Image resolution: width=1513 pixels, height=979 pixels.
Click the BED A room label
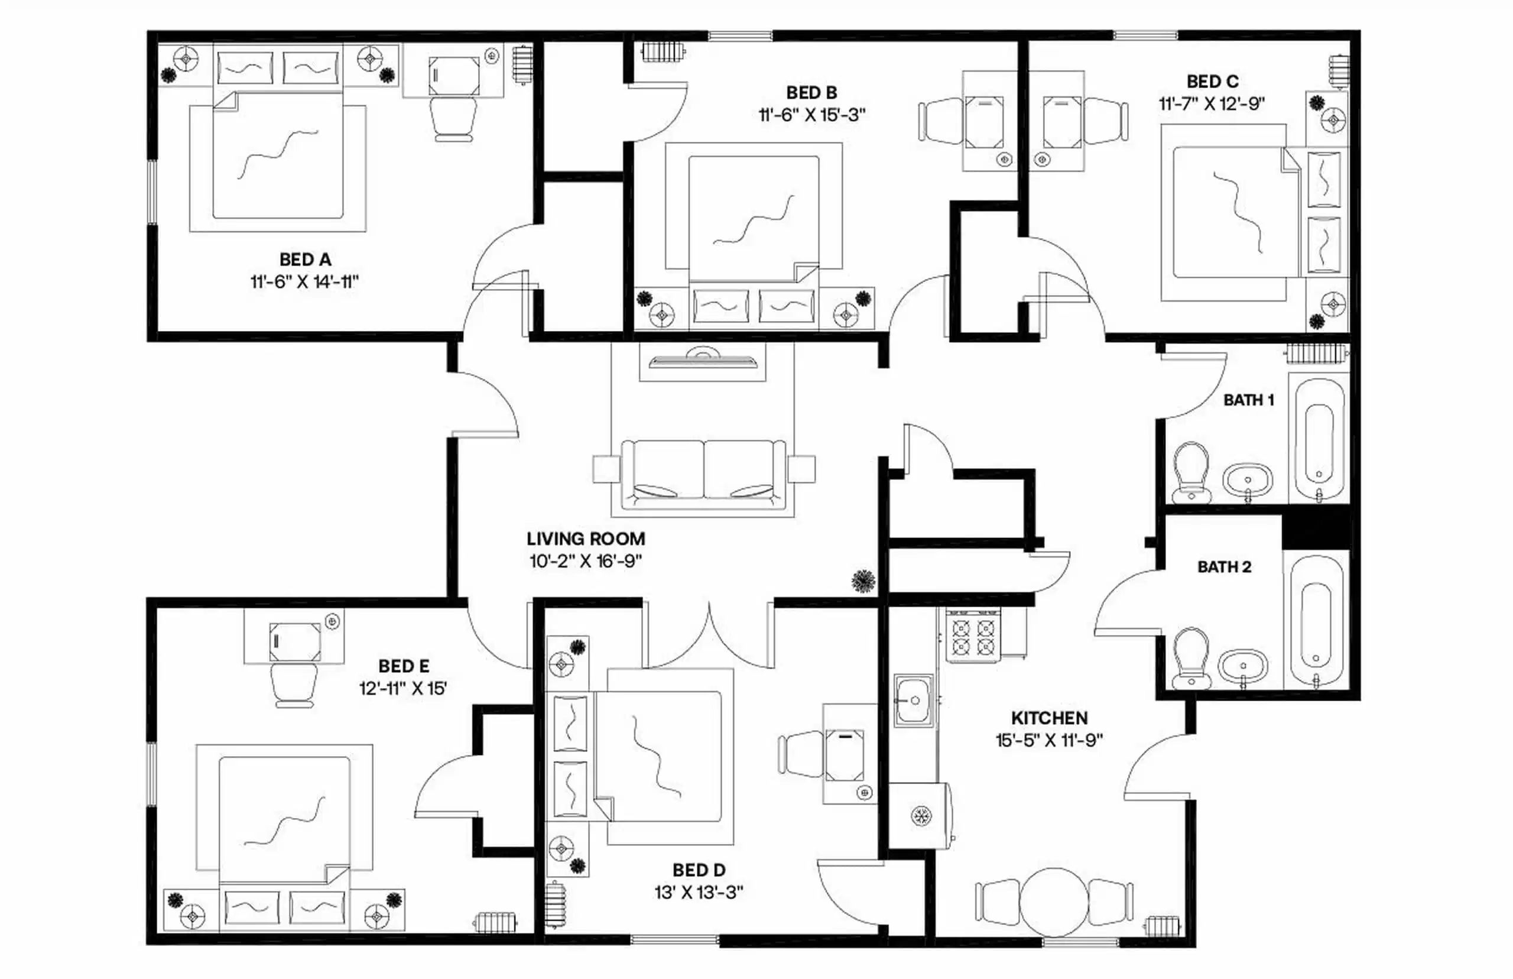click(x=305, y=260)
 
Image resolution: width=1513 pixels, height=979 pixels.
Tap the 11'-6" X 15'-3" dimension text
click(x=811, y=115)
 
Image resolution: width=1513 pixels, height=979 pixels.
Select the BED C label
click(x=1212, y=82)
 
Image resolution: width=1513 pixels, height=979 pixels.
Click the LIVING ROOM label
click(x=585, y=539)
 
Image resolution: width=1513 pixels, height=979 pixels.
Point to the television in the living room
click(x=702, y=361)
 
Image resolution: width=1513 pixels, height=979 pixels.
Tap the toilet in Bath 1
click(x=1190, y=471)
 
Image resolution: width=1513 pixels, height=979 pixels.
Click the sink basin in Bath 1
click(x=1248, y=481)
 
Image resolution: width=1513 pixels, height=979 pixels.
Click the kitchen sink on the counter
click(x=914, y=701)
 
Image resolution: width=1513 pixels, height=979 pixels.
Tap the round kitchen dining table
click(x=1053, y=902)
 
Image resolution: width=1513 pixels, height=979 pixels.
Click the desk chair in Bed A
click(x=453, y=119)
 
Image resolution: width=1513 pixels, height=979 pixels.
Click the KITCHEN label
click(x=1049, y=718)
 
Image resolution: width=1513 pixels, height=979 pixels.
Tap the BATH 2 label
click(x=1224, y=567)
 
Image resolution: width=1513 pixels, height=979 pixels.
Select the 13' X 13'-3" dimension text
click(x=699, y=893)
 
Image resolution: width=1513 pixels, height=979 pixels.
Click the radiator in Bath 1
click(x=1316, y=353)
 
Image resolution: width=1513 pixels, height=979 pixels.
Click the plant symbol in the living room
click(x=863, y=581)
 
